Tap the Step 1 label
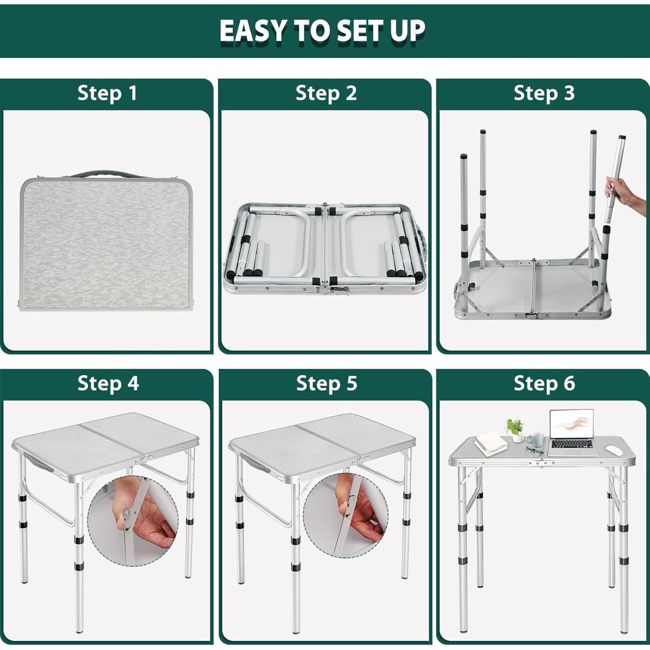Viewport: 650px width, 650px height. [x=107, y=93]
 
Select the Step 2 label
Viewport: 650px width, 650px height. [x=326, y=93]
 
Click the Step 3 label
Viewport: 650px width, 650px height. [x=544, y=93]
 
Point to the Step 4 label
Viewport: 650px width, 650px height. [x=108, y=383]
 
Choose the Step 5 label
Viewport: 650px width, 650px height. [x=326, y=383]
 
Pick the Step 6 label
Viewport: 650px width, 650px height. [x=544, y=383]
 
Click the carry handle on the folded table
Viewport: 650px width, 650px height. [x=106, y=174]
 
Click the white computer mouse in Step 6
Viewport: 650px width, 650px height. [x=613, y=450]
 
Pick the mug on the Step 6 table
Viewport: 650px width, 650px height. [x=536, y=438]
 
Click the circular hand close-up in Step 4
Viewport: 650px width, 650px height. [x=133, y=520]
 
